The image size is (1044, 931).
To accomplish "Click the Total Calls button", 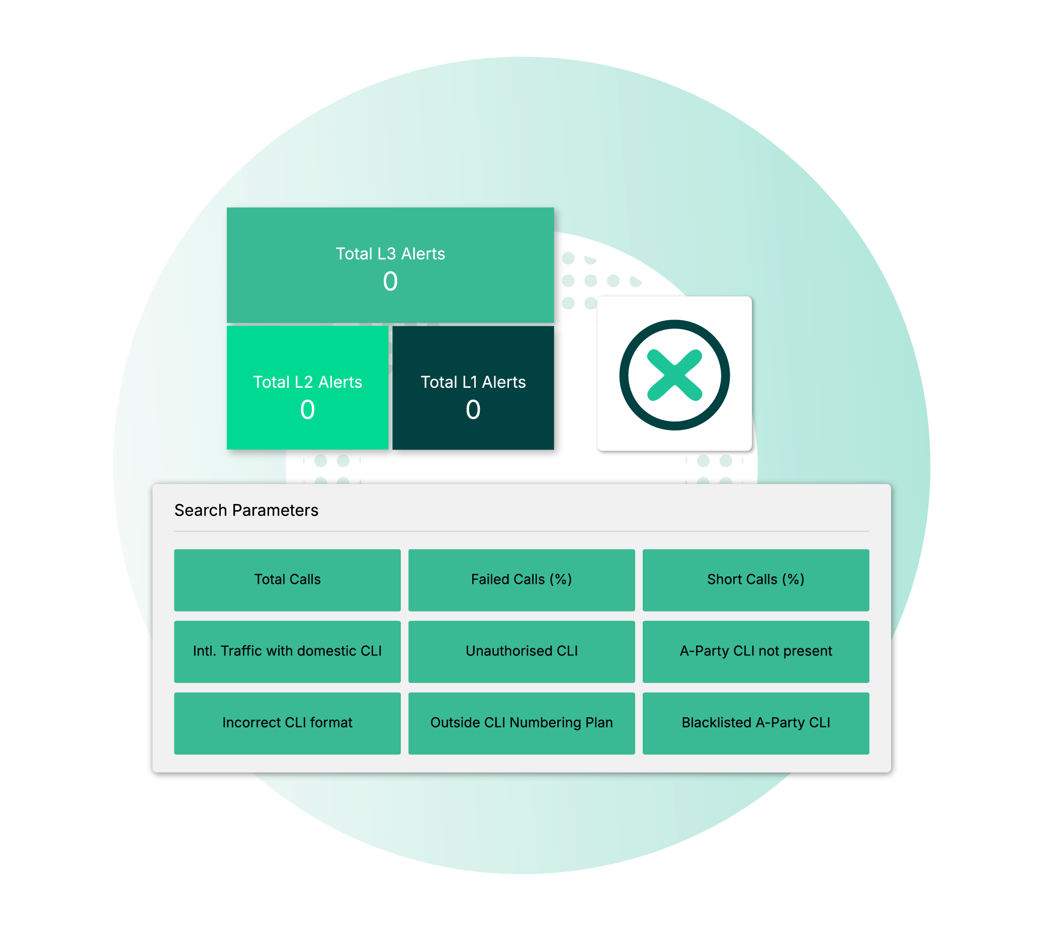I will coord(287,579).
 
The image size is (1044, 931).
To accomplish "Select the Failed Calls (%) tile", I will coord(521,579).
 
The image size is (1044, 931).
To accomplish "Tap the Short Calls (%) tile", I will coord(755,579).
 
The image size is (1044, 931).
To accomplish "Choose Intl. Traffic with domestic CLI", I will coord(287,651).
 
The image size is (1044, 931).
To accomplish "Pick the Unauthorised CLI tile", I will coord(521,651).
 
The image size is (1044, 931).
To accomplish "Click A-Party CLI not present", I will coord(755,651).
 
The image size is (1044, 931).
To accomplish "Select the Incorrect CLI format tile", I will coord(287,723).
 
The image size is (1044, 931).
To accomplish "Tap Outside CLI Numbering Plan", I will coord(521,723).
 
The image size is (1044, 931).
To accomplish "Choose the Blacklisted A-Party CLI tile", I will coord(755,723).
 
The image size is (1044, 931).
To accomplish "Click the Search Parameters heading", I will coord(246,511).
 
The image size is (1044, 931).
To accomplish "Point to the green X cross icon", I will coord(675,375).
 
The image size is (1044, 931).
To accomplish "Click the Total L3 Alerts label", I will coord(390,253).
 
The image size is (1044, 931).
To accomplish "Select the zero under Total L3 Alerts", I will coord(390,281).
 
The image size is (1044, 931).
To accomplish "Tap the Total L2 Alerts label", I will coord(307,382).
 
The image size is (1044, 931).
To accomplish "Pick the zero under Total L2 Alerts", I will coord(307,410).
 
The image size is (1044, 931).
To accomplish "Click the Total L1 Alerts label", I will coord(473,382).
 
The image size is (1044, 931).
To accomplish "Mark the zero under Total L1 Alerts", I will coord(473,410).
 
